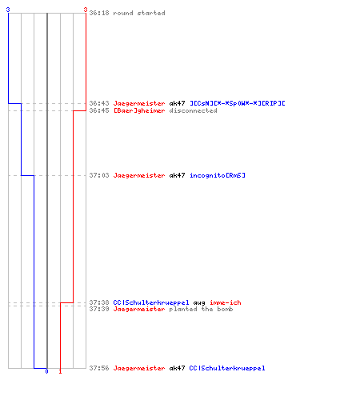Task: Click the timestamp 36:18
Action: click(99, 13)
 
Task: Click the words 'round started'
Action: click(139, 13)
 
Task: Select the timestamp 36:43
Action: click(99, 103)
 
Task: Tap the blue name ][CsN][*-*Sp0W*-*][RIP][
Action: click(238, 103)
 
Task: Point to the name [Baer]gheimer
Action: click(139, 110)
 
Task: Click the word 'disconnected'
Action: click(193, 110)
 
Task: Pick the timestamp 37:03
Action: click(99, 175)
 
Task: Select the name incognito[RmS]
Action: click(218, 175)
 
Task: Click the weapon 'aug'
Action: click(199, 302)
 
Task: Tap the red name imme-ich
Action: click(226, 302)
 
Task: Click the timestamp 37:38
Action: click(99, 302)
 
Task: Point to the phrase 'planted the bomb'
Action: click(201, 309)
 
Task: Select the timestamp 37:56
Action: click(99, 368)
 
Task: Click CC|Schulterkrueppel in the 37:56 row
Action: click(227, 368)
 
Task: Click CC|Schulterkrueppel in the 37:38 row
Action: click(151, 302)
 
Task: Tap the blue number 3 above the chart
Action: click(8, 10)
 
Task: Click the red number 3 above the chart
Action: click(86, 10)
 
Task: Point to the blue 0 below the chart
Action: click(46, 371)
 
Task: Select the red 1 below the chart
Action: click(60, 371)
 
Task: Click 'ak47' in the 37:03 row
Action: click(177, 175)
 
